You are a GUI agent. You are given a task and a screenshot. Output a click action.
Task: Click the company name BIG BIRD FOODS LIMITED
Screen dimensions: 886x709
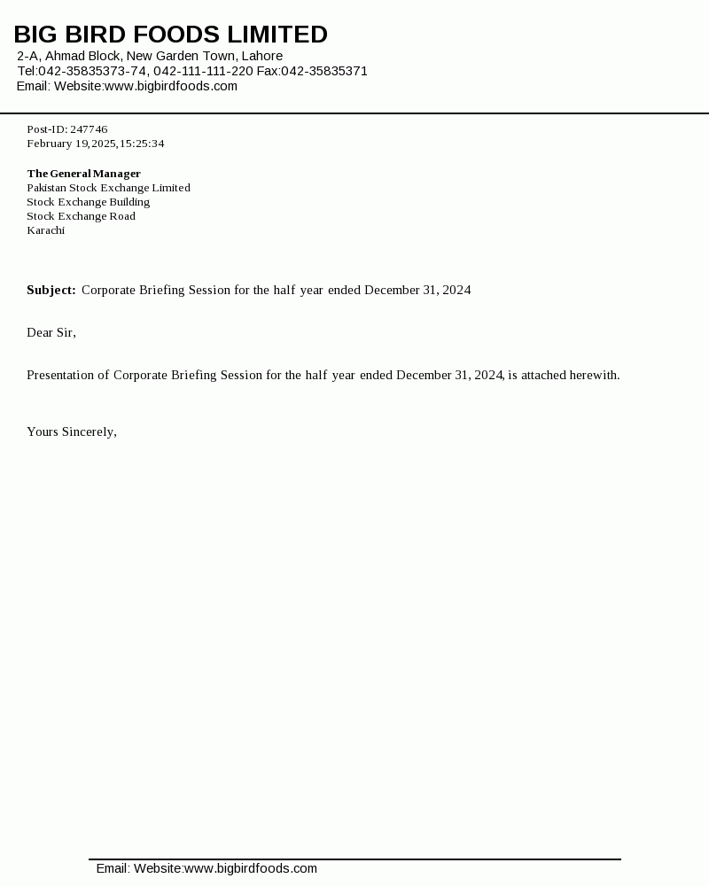(170, 35)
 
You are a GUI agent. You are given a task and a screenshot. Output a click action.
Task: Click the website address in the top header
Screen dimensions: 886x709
(171, 86)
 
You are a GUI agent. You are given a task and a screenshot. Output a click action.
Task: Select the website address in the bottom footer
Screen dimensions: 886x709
(251, 868)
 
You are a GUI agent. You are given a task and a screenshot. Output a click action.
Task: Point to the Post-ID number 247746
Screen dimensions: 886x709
(89, 129)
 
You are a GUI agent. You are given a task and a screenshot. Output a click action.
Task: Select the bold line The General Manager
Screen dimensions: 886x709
(83, 174)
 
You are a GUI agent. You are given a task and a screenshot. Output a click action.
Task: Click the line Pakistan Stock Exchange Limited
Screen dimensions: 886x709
(108, 188)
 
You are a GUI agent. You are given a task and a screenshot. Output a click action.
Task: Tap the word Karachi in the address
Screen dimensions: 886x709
(45, 230)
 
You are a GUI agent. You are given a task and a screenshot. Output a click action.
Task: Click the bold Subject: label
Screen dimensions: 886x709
(51, 290)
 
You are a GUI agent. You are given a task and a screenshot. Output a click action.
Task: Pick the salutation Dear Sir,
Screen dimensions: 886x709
(51, 332)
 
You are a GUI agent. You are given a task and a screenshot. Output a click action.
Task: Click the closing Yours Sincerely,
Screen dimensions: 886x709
(72, 431)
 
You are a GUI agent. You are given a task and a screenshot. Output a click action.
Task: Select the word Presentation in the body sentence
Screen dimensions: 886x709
(67, 375)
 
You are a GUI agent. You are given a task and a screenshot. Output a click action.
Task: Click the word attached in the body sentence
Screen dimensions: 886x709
(543, 375)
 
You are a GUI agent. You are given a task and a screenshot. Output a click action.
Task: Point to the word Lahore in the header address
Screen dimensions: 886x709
(262, 56)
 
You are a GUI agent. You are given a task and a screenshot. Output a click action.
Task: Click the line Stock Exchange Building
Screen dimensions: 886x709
(88, 202)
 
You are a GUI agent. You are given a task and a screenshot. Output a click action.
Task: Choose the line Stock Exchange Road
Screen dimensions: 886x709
(81, 216)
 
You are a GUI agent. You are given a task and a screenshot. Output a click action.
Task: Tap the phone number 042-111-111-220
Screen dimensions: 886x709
(203, 71)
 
